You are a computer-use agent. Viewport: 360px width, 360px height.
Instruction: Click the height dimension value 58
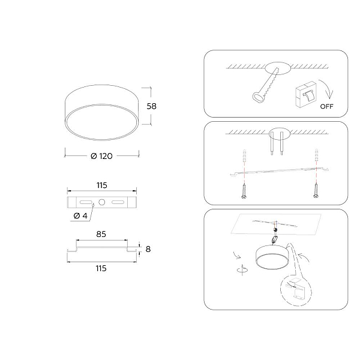click(x=152, y=106)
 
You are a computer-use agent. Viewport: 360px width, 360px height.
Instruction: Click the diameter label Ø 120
click(x=101, y=156)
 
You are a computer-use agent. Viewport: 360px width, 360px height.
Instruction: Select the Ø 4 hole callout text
click(x=80, y=216)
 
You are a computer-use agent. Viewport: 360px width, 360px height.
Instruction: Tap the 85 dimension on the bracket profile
click(x=101, y=234)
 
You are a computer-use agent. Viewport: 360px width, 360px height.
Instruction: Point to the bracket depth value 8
click(x=148, y=249)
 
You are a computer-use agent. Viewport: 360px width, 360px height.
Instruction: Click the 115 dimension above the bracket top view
click(x=102, y=185)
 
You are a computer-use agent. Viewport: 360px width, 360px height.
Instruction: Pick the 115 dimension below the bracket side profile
click(x=101, y=268)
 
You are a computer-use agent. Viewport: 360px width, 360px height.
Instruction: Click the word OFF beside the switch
click(x=326, y=107)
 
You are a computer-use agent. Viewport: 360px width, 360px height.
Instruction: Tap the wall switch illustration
click(x=306, y=94)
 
